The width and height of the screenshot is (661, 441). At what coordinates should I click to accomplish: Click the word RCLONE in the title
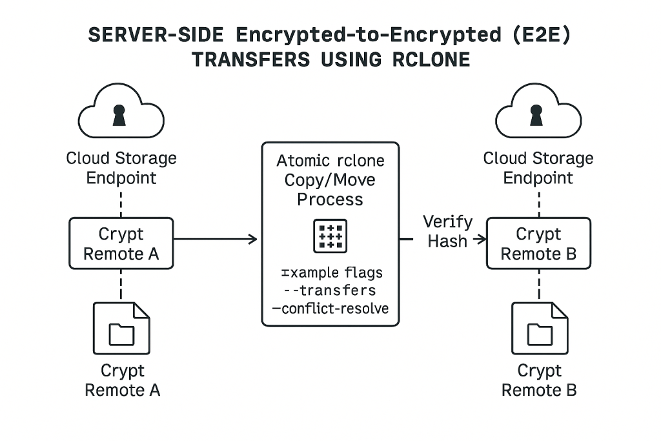[431, 59]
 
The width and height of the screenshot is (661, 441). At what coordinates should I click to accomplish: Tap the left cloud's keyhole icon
[119, 116]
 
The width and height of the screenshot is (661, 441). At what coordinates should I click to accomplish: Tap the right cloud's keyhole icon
[536, 116]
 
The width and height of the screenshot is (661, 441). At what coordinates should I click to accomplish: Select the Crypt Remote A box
[121, 243]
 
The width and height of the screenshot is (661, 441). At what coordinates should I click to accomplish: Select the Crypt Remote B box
[538, 243]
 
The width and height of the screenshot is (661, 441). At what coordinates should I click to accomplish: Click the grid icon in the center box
[330, 236]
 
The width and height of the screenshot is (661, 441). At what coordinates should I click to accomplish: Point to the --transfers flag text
[330, 291]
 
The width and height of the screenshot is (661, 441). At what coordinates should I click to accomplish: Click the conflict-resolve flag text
[330, 309]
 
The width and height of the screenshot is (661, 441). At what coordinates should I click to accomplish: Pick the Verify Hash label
[447, 231]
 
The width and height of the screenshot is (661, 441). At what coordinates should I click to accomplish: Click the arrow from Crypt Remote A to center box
[216, 240]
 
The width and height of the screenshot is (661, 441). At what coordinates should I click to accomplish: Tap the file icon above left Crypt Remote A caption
[121, 328]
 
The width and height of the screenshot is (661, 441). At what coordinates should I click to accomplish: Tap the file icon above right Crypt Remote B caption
[539, 328]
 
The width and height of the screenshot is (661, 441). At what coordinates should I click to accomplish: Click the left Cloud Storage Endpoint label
[121, 167]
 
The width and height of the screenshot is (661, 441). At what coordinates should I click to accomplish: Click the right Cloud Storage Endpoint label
[538, 167]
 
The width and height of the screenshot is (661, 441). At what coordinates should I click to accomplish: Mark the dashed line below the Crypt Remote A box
[121, 285]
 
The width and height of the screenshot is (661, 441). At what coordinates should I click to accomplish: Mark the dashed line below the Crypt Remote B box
[538, 285]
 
